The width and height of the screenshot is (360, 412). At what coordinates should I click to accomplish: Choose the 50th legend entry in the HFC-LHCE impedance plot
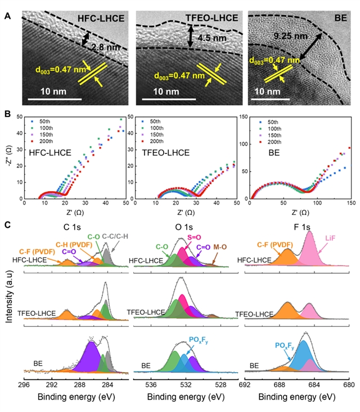pos(42,121)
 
